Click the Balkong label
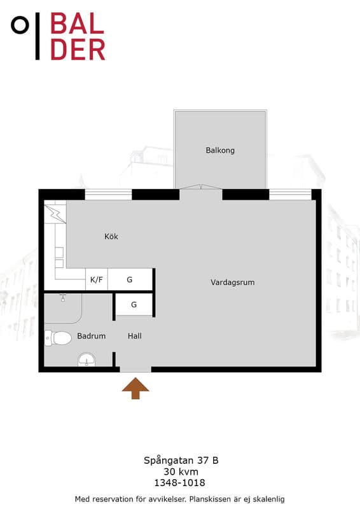[x=220, y=150]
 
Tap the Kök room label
[x=111, y=236]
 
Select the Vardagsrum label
[x=232, y=282]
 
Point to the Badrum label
[x=91, y=336]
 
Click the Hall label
[x=134, y=336]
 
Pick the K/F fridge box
[x=97, y=279]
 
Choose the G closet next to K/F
[x=130, y=279]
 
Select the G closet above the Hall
[x=134, y=305]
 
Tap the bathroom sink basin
[x=87, y=360]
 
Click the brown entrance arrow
[x=135, y=388]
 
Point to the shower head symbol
[x=63, y=298]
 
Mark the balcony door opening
[x=201, y=194]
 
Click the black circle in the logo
[x=20, y=25]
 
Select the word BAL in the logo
[x=77, y=24]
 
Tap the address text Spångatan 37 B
[x=181, y=460]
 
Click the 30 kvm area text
[x=181, y=471]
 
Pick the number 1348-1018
[x=179, y=483]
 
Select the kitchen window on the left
[x=108, y=195]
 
